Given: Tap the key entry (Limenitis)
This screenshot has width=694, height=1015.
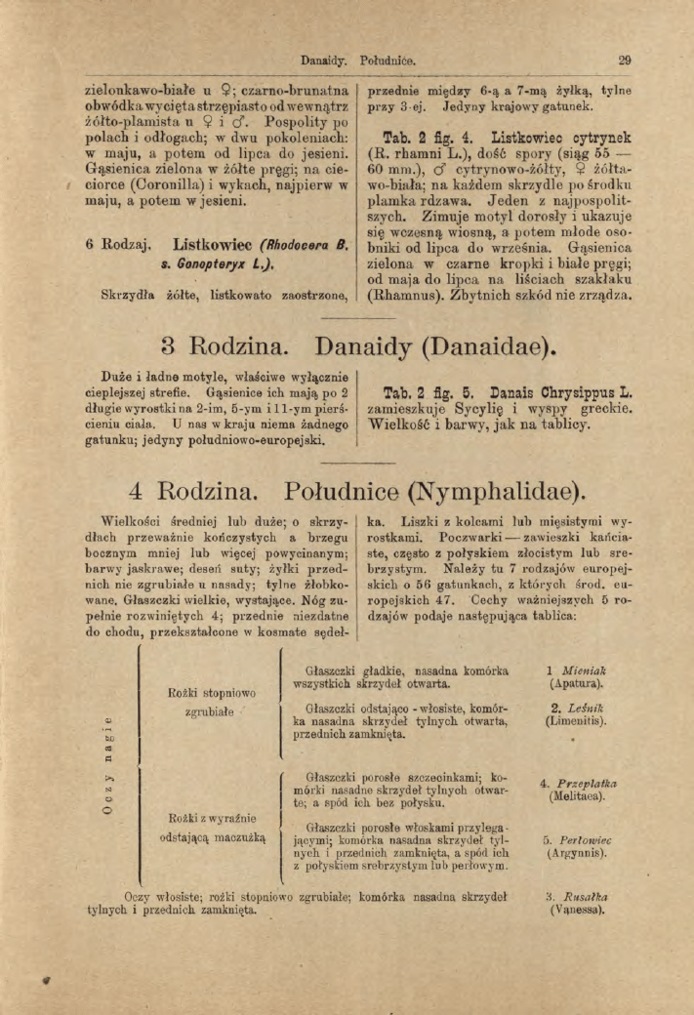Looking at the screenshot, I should click(575, 722).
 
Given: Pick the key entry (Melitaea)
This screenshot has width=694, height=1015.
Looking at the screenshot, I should click(576, 796).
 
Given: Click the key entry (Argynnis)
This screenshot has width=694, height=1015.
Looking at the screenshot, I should click(575, 852).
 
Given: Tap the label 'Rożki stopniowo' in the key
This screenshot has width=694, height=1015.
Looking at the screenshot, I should click(212, 693).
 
